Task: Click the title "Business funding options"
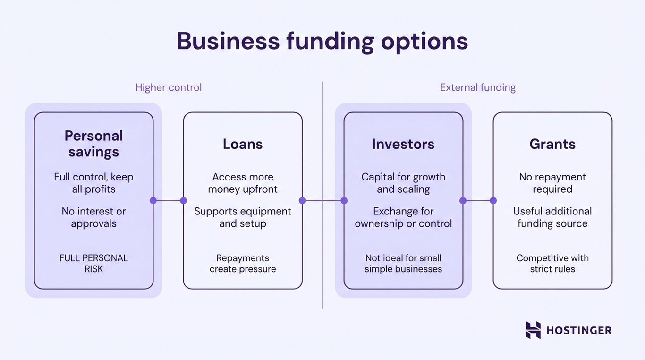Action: tap(322, 42)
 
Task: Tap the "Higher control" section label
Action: tap(168, 87)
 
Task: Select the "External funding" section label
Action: tap(477, 87)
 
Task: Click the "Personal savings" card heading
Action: tap(93, 144)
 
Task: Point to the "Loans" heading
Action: tap(243, 144)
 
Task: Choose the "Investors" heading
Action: tap(403, 144)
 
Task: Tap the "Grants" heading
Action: tap(552, 144)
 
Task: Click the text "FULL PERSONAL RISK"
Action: tap(93, 264)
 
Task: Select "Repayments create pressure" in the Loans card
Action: tap(243, 264)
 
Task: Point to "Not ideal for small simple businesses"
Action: tap(403, 264)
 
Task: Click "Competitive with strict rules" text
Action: tap(552, 264)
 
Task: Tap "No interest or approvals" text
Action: tap(93, 217)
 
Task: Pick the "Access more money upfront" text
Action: tap(243, 183)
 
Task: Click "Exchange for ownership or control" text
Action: tap(403, 217)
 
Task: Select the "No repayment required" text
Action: tap(552, 183)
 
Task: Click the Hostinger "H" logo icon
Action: tap(533, 330)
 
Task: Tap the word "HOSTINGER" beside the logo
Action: tap(578, 331)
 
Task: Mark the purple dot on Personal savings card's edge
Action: tap(153, 201)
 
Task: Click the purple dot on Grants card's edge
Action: tap(493, 201)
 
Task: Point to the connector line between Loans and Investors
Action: tap(323, 201)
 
